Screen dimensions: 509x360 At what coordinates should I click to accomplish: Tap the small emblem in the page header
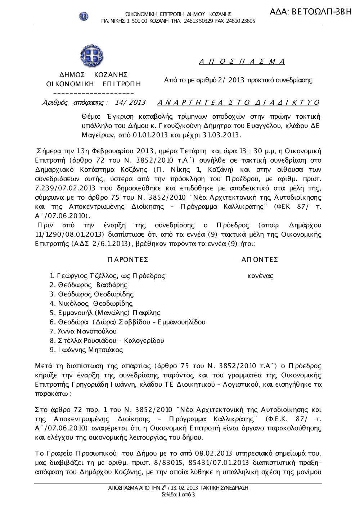click(x=84, y=16)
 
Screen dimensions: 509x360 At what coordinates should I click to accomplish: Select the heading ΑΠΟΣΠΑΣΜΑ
click(x=242, y=62)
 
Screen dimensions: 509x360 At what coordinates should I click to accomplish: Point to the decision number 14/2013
click(x=130, y=103)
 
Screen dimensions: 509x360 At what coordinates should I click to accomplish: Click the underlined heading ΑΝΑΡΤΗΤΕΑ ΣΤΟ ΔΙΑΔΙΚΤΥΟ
click(x=238, y=103)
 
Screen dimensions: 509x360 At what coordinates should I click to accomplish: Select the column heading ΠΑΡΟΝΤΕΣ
click(x=128, y=260)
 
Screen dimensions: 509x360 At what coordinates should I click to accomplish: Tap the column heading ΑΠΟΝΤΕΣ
click(x=260, y=260)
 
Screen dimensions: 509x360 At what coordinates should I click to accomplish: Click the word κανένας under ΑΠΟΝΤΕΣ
click(x=260, y=276)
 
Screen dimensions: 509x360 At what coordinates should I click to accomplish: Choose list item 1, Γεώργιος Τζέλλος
click(x=107, y=276)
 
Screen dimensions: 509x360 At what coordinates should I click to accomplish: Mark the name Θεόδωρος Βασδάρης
click(x=93, y=285)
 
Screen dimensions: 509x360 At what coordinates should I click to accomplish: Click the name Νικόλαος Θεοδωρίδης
click(x=95, y=304)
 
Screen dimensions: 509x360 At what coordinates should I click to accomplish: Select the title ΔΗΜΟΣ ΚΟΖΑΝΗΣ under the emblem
click(x=94, y=75)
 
